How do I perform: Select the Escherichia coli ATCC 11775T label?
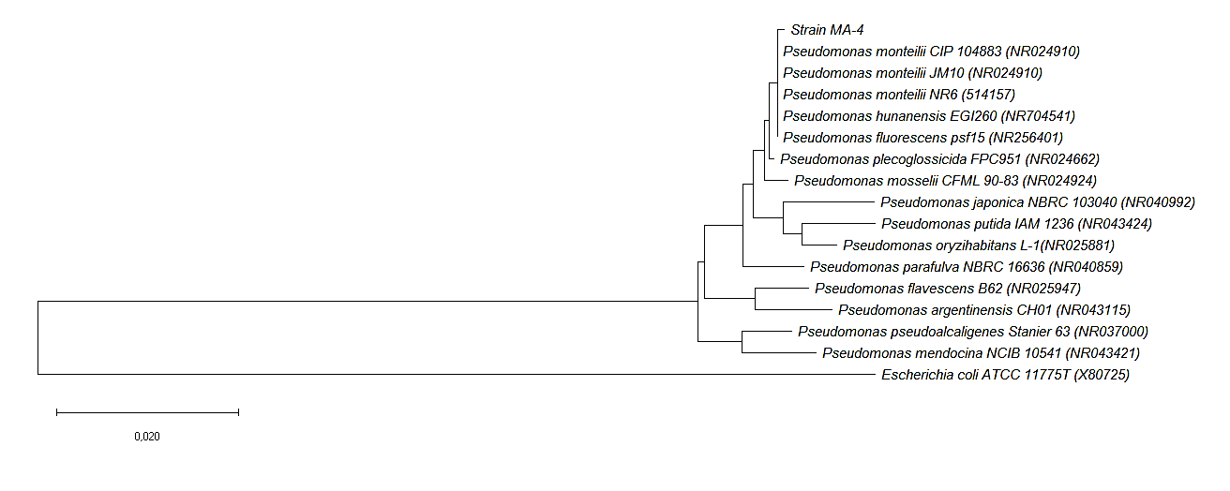coord(1005,376)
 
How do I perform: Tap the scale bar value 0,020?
coord(147,436)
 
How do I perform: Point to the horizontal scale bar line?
coord(147,411)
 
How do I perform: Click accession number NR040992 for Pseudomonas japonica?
coord(1158,202)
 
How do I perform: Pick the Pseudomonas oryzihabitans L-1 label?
coord(966,245)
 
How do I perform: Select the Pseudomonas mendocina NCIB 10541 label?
coord(981,353)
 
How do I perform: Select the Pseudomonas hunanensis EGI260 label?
coord(928,116)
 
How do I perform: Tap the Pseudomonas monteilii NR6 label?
coord(898,95)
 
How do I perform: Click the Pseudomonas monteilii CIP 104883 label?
coord(931,52)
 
